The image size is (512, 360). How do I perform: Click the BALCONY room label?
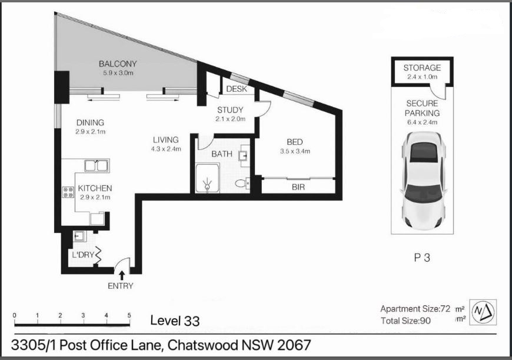click(118, 64)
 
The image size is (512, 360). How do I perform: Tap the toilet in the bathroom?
click(242, 184)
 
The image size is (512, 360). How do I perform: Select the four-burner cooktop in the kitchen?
click(68, 192)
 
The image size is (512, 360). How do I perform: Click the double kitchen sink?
click(97, 166)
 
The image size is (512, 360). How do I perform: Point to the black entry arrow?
click(122, 275)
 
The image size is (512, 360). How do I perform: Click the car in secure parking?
click(423, 181)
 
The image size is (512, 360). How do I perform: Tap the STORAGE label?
click(422, 68)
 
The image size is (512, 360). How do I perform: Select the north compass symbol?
click(484, 312)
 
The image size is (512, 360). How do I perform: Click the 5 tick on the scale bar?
click(129, 316)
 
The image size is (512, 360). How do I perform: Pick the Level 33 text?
click(175, 321)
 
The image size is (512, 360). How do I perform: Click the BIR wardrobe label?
click(298, 187)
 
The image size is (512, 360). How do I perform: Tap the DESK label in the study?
click(237, 89)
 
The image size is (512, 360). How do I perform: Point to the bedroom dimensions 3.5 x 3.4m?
click(295, 151)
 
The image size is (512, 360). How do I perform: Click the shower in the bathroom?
click(207, 178)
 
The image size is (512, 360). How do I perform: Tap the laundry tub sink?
click(79, 236)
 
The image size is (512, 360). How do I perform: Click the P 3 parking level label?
click(422, 258)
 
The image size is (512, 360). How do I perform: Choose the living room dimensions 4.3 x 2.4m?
click(166, 149)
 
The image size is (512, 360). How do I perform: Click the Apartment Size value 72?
click(445, 308)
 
